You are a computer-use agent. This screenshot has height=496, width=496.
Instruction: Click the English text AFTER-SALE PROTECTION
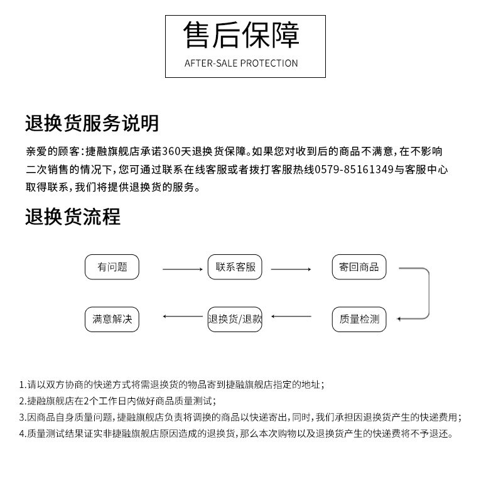[241, 63]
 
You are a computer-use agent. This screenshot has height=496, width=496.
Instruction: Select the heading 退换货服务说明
[92, 123]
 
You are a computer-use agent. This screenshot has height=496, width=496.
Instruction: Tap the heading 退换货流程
[73, 217]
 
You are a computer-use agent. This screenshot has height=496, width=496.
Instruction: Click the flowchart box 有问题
[112, 267]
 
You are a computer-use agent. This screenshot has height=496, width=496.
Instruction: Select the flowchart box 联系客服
[235, 267]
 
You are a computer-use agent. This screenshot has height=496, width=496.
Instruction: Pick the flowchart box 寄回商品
[359, 267]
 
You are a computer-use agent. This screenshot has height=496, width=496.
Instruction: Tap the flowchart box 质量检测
[359, 319]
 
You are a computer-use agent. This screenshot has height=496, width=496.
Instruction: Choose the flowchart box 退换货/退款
[235, 319]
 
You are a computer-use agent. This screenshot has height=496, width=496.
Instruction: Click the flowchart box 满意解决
[112, 319]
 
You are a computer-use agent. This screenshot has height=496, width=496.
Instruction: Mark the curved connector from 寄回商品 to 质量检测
[428, 292]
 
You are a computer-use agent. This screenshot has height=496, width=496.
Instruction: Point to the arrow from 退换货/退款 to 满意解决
[182, 316]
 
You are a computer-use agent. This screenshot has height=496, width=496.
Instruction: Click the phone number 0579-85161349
[354, 170]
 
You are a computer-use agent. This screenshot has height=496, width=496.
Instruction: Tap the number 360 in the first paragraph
[172, 152]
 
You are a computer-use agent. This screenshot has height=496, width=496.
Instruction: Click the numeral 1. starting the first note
[22, 385]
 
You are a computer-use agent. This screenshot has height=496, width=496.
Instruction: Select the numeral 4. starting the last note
[22, 434]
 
